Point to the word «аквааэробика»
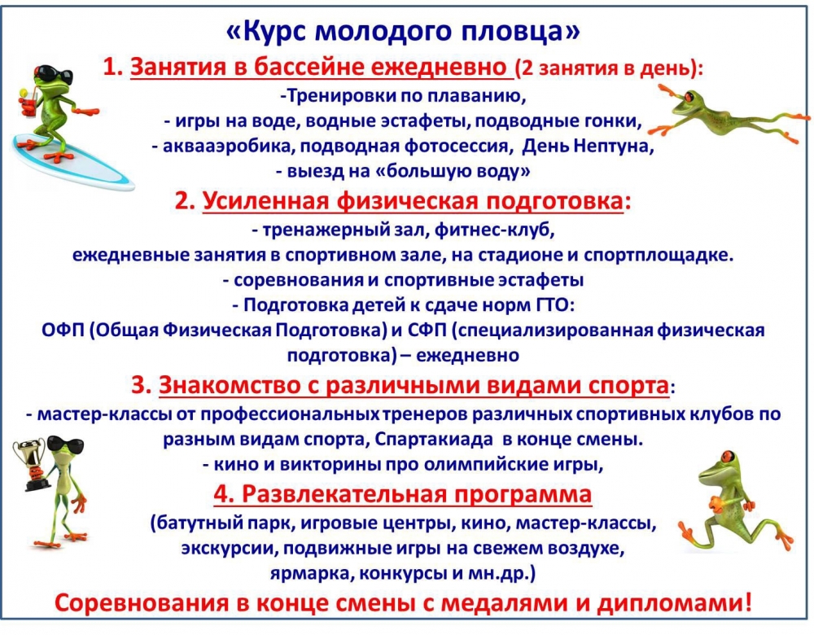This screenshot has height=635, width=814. pyautogui.click(x=229, y=147)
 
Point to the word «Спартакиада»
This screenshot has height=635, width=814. pyautogui.click(x=434, y=440)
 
